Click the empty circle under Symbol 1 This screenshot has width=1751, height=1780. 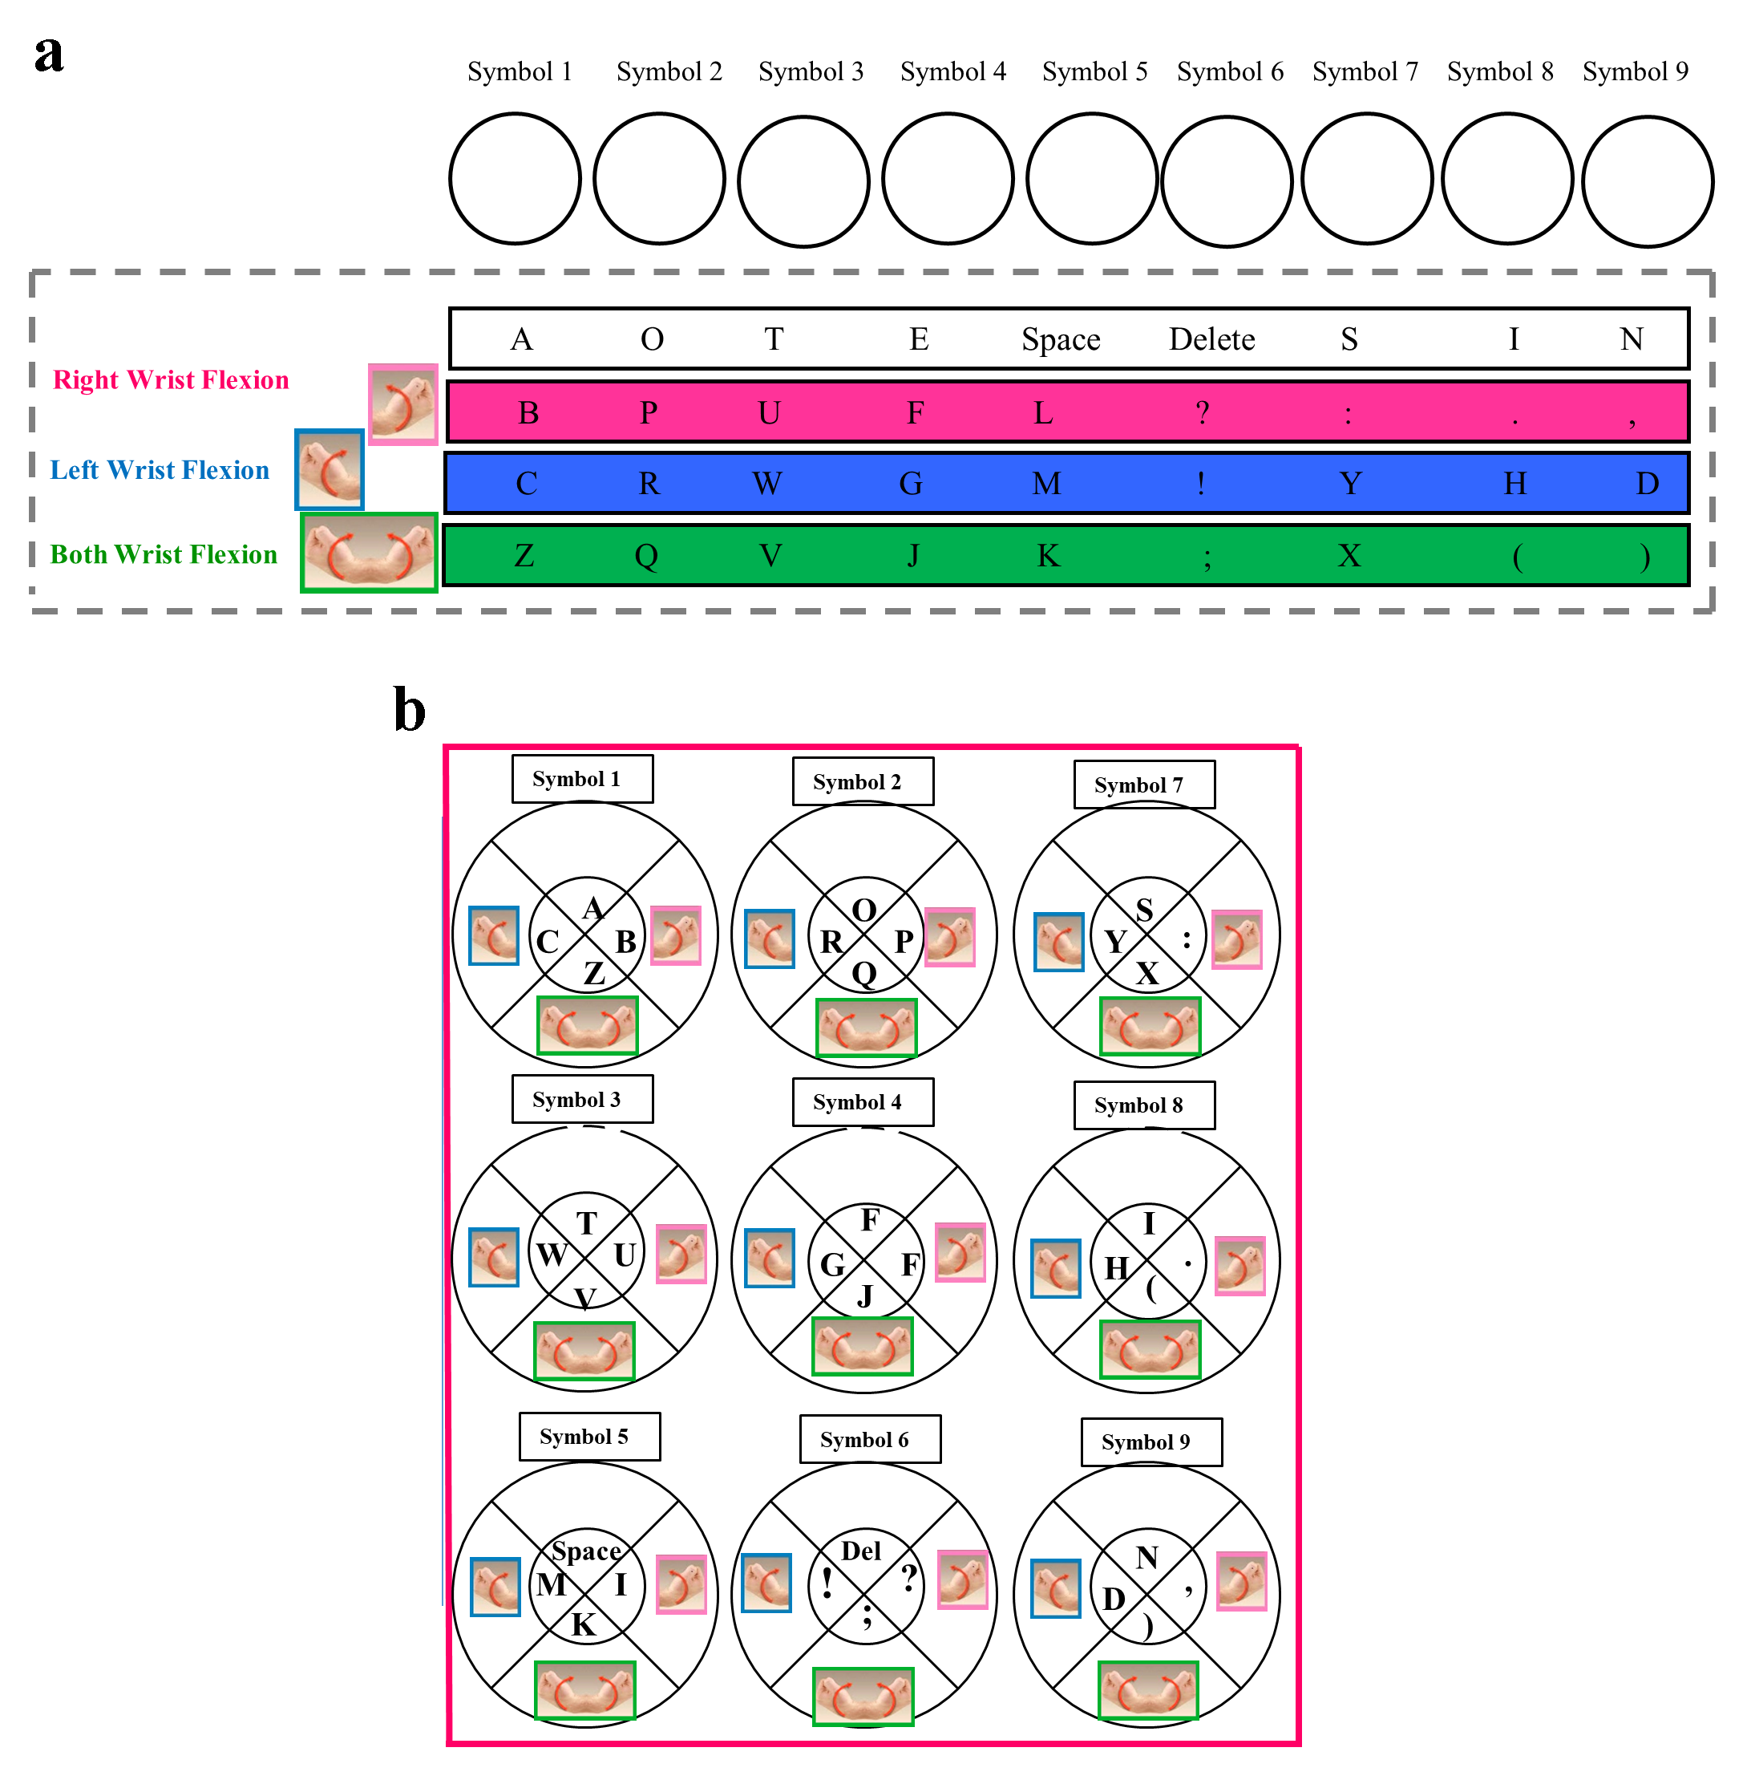click(x=515, y=178)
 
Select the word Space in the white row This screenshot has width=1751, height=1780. click(x=1061, y=339)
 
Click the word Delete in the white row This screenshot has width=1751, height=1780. click(x=1211, y=339)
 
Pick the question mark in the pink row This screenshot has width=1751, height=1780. click(x=1202, y=413)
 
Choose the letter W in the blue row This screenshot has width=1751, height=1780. click(x=766, y=483)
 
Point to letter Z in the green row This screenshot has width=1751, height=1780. click(x=524, y=556)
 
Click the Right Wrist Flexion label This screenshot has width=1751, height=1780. click(x=170, y=380)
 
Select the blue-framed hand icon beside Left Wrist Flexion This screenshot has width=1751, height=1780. click(x=330, y=469)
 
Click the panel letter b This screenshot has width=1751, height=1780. click(x=409, y=710)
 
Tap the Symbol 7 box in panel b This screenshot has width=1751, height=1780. click(x=1143, y=785)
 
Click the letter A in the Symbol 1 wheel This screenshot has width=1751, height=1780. click(x=593, y=909)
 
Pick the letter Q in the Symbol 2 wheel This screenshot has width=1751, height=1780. click(x=863, y=973)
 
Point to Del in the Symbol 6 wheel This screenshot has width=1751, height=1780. click(x=861, y=1551)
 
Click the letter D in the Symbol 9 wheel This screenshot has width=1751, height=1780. click(x=1114, y=1600)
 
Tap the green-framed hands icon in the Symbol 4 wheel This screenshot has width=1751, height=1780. click(x=862, y=1347)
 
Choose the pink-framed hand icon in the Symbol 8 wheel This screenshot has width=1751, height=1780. click(x=1239, y=1266)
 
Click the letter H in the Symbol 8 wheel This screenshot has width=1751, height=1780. click(x=1115, y=1268)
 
